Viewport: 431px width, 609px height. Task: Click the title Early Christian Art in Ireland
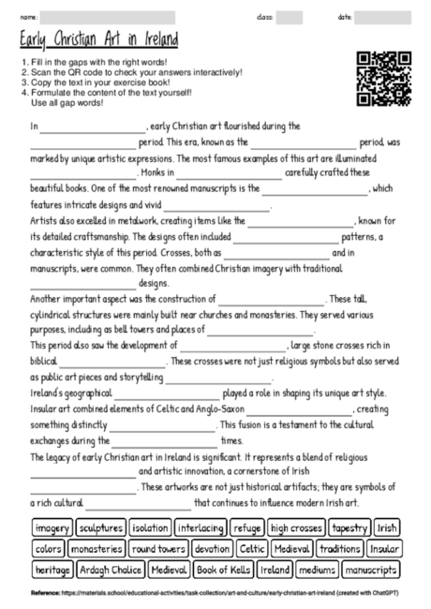click(98, 42)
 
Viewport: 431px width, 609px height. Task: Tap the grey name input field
click(108, 17)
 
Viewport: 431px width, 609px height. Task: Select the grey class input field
click(290, 17)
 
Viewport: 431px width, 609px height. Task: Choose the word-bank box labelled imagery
click(52, 527)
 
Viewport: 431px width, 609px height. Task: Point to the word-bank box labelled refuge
click(248, 527)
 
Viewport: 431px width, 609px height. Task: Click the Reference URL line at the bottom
click(215, 594)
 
